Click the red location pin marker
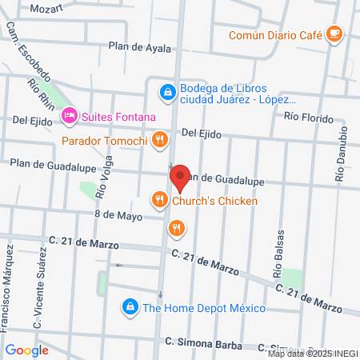(179, 178)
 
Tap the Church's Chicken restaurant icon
(160, 199)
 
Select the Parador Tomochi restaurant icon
(161, 141)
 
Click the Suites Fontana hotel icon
(70, 117)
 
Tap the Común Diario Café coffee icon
(334, 34)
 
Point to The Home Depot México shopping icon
(129, 306)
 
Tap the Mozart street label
(47, 9)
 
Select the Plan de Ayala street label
(140, 47)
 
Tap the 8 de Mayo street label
(118, 215)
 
